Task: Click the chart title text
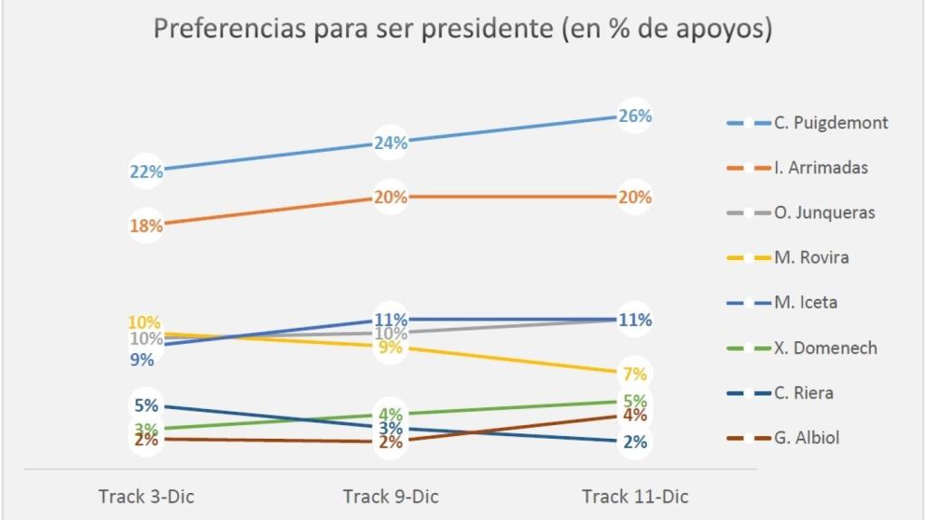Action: coord(462,29)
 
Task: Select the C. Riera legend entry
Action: coord(803,393)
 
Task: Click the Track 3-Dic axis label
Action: coord(146,497)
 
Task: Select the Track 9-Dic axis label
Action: coord(391,497)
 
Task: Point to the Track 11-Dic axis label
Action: coord(635,497)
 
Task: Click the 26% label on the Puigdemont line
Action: coord(635,116)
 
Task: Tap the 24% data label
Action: coord(391,143)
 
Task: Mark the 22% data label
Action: coord(146,172)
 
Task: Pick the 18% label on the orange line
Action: coord(146,226)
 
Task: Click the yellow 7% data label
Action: coord(635,374)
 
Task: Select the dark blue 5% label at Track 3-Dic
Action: coord(146,406)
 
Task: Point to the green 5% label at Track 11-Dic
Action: coord(635,401)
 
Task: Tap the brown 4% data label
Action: coord(635,416)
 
